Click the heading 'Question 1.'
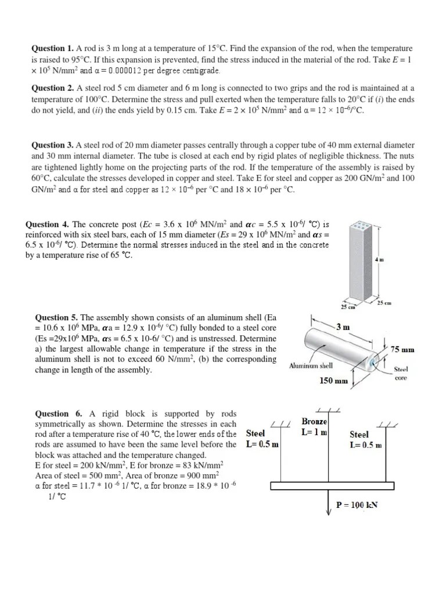tap(52, 49)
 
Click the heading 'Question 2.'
tap(52, 88)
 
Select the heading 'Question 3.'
tap(52, 145)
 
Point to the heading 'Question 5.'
tap(57, 318)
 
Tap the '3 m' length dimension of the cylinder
tap(343, 327)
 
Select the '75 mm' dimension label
tap(402, 350)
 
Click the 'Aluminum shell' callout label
tap(311, 366)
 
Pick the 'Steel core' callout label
tap(401, 373)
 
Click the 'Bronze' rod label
tap(314, 421)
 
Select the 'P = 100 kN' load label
tap(357, 505)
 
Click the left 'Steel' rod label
tap(256, 433)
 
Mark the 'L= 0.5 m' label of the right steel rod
tap(366, 445)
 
